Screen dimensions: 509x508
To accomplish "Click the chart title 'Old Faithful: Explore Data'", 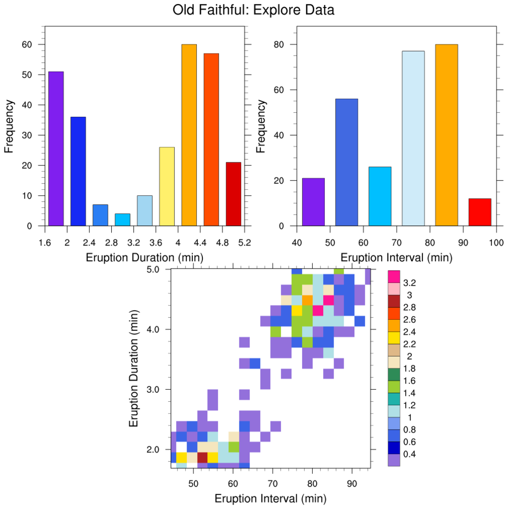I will (x=253, y=10).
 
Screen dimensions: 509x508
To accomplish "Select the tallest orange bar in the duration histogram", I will (x=189, y=135).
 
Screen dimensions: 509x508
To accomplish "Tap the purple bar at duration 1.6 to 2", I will (x=56, y=149).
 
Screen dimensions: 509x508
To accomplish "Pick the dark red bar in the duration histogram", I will (x=233, y=194).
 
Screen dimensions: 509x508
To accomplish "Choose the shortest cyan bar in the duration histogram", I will (x=122, y=220).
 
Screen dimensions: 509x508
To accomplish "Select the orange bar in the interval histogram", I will (x=446, y=135).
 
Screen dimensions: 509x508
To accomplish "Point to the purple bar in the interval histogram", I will (x=313, y=202).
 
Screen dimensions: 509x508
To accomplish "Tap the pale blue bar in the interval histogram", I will (x=413, y=138).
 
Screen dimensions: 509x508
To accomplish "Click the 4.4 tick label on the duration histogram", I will (x=200, y=242).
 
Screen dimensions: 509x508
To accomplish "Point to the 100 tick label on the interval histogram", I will (x=496, y=242).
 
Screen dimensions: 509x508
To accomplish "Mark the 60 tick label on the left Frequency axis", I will (x=27, y=45).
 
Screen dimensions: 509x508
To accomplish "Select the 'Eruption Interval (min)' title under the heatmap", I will (x=271, y=498).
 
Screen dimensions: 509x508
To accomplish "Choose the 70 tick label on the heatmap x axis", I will (x=273, y=483).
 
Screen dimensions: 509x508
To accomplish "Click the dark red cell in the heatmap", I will (x=202, y=457).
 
